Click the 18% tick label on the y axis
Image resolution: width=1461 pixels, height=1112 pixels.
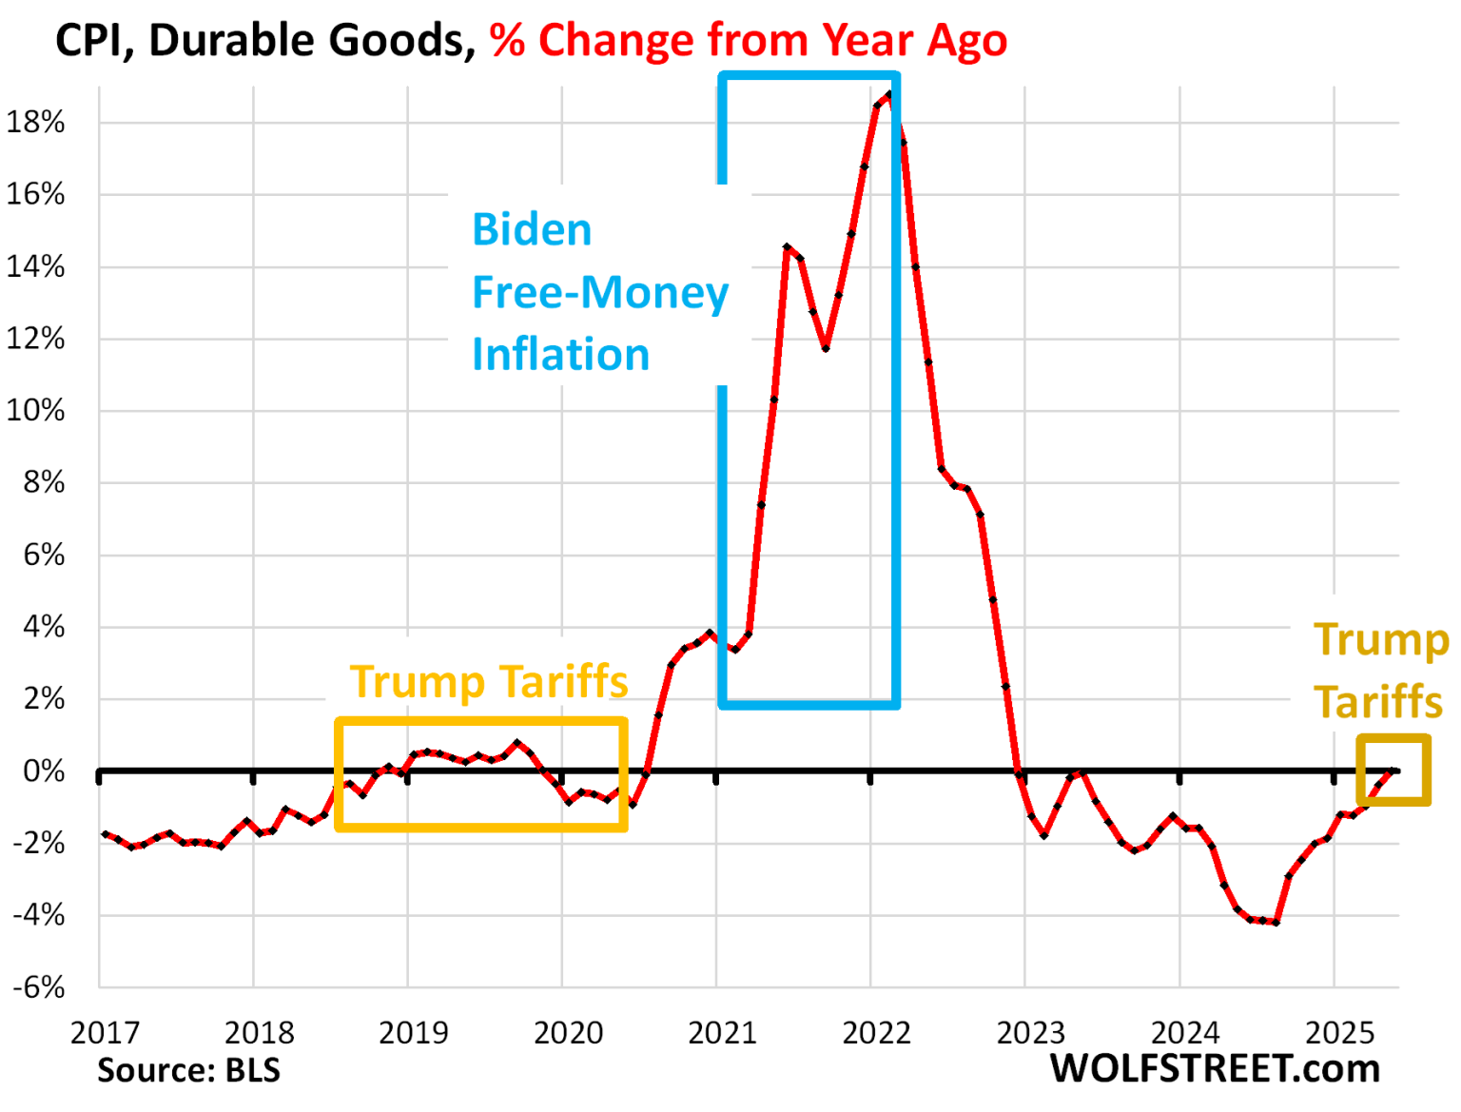pyautogui.click(x=35, y=123)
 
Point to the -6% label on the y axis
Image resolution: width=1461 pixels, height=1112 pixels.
pyautogui.click(x=38, y=987)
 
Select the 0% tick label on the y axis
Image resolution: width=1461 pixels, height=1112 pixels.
pyautogui.click(x=44, y=771)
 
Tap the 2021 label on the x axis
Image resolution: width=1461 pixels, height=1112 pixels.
pyautogui.click(x=722, y=1033)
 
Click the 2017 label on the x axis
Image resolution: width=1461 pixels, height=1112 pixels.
pyautogui.click(x=105, y=1033)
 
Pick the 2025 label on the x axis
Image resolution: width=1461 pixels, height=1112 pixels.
pyautogui.click(x=1339, y=1033)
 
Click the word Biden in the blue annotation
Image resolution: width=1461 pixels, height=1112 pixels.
pyautogui.click(x=532, y=230)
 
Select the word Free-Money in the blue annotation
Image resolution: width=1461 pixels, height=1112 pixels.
pyautogui.click(x=600, y=293)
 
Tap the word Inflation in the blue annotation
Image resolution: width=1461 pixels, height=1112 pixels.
pyautogui.click(x=560, y=355)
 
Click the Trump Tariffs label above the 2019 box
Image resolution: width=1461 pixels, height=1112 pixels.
pyautogui.click(x=489, y=682)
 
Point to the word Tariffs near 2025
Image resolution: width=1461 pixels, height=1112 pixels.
pyautogui.click(x=1378, y=702)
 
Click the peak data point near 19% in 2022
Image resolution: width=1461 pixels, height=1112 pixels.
pyautogui.click(x=888, y=94)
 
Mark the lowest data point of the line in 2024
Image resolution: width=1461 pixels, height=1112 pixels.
pyautogui.click(x=1276, y=922)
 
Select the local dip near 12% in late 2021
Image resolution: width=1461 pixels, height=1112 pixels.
pyautogui.click(x=826, y=348)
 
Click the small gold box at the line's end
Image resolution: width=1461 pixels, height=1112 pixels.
pyautogui.click(x=1393, y=770)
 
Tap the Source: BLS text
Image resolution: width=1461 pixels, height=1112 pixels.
pyautogui.click(x=188, y=1071)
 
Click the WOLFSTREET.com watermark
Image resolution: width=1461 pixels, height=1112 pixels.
pyautogui.click(x=1215, y=1069)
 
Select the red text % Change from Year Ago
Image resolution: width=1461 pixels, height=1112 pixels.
pyautogui.click(x=749, y=41)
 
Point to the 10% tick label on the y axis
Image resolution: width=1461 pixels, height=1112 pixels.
pyautogui.click(x=35, y=411)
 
